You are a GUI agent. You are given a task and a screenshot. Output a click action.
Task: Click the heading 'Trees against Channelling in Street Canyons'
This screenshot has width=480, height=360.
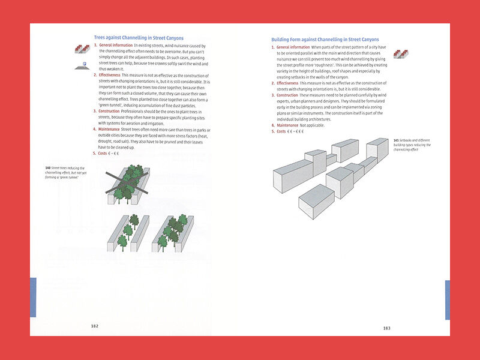point(139,38)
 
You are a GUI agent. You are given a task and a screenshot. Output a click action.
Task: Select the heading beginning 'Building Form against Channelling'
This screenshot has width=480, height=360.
point(325,40)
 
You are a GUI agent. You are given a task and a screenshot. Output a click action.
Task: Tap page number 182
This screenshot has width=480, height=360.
point(95,326)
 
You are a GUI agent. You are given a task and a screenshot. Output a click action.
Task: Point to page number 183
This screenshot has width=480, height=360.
point(386,328)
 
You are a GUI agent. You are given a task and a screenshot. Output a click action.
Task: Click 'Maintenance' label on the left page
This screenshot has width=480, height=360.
point(109,129)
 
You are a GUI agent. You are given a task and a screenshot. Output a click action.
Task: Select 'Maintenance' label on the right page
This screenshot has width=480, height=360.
point(287,125)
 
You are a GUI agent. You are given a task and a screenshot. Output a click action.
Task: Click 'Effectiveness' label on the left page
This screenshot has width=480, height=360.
point(110,75)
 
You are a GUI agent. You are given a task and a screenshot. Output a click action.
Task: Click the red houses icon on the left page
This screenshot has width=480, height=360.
point(82,49)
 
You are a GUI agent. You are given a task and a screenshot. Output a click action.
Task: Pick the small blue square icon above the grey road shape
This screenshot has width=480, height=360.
point(84,62)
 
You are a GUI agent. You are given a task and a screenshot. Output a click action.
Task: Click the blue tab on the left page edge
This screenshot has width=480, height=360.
point(33,297)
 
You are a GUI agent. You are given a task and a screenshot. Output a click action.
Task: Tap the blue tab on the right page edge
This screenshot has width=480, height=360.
point(447,299)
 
